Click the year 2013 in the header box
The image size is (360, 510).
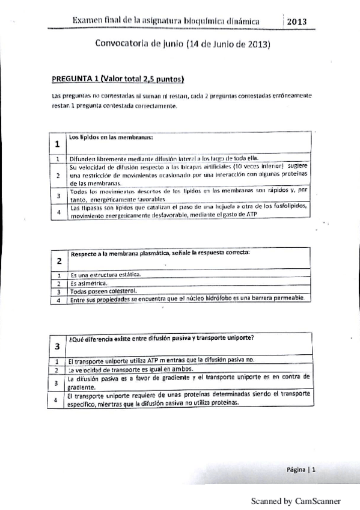(297, 22)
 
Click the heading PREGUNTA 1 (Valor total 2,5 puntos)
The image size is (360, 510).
(117, 79)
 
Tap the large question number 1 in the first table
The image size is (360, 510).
(56, 144)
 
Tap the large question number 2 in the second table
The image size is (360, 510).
(58, 261)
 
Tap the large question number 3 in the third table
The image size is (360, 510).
(56, 346)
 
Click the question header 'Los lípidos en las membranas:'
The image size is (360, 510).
(112, 137)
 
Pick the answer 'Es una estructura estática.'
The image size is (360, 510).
(105, 274)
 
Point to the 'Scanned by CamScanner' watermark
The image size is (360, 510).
(296, 500)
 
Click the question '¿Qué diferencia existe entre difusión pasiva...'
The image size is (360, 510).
(160, 337)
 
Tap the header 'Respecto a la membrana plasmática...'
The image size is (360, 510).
(160, 253)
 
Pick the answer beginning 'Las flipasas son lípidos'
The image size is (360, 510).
(189, 210)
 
